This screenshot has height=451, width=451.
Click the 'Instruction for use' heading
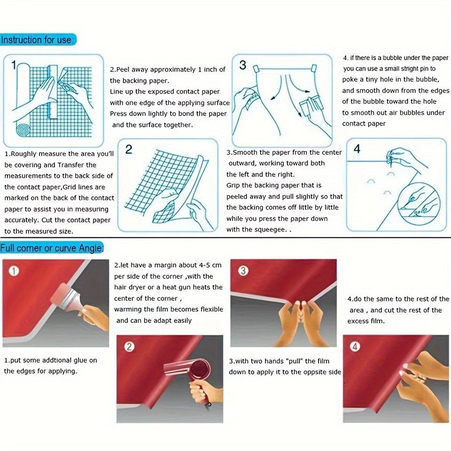37,39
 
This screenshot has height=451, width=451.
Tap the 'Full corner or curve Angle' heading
52,248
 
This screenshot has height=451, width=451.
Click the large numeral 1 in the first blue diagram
14,65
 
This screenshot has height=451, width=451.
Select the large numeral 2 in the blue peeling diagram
129,149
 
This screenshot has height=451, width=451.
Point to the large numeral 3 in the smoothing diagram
243,65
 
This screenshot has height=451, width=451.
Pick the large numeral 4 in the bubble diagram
357,149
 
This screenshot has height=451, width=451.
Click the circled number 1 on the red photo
14,271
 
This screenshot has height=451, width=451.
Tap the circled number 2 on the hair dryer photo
129,347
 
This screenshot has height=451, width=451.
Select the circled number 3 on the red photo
243,271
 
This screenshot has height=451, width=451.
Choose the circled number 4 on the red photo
355,347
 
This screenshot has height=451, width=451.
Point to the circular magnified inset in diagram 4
419,200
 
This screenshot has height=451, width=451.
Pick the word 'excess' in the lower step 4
358,321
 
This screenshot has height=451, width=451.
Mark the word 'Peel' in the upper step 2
122,70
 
